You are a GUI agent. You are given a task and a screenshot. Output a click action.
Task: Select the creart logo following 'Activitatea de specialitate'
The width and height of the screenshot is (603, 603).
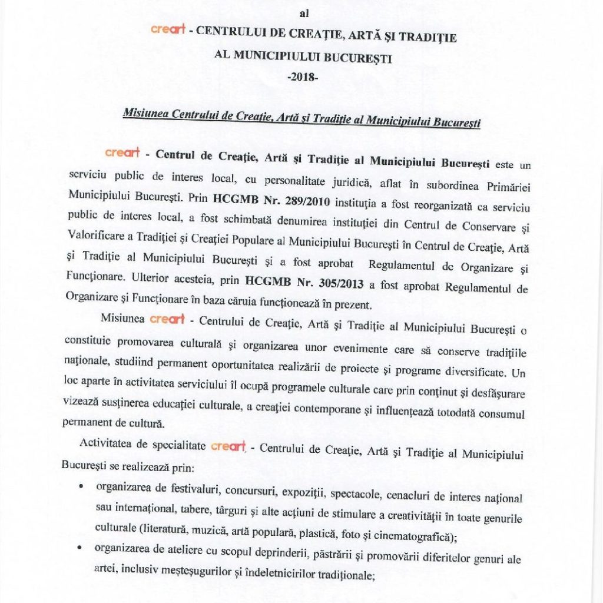tap(228, 446)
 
